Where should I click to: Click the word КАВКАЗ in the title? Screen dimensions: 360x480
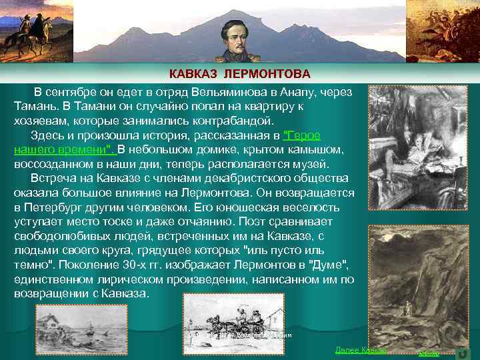193,72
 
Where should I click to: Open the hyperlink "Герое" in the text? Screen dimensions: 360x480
302,135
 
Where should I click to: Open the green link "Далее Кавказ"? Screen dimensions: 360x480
361,350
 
